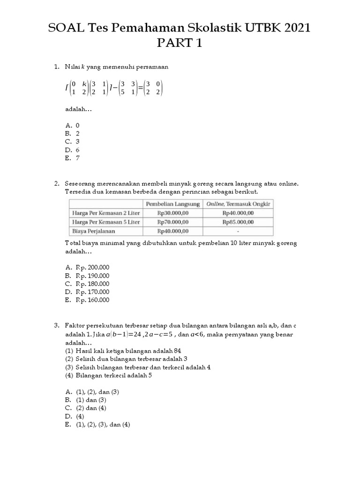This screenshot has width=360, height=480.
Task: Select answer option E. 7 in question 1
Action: (73, 158)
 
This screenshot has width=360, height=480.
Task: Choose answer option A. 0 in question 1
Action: (73, 125)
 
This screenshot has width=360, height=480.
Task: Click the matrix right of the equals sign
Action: (154, 88)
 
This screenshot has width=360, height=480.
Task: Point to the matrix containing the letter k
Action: (79, 88)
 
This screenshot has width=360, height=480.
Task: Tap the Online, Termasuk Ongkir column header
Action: (238, 203)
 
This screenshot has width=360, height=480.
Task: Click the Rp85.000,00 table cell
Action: (238, 222)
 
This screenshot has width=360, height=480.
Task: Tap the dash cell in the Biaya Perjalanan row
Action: (238, 231)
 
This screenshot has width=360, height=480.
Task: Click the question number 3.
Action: (56, 325)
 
